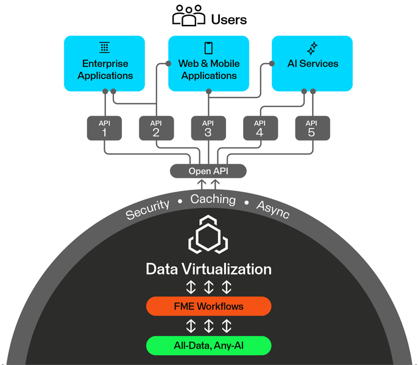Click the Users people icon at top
pos(189,16)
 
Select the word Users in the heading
pos(228,19)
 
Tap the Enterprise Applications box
pos(104,63)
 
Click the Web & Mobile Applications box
pos(208,63)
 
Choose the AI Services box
pos(312,63)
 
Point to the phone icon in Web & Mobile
pos(208,47)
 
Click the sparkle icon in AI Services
pos(312,47)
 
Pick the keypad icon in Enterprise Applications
pos(104,47)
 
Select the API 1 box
pos(104,128)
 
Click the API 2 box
pos(156,128)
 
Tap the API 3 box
pos(208,128)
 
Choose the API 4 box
pos(260,128)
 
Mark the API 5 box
pos(312,128)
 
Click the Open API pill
pos(208,171)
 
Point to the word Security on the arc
pos(147,209)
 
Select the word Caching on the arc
pos(213,200)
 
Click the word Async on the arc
pos(272,209)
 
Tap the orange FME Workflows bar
pos(208,306)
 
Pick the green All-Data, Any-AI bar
pos(208,346)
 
